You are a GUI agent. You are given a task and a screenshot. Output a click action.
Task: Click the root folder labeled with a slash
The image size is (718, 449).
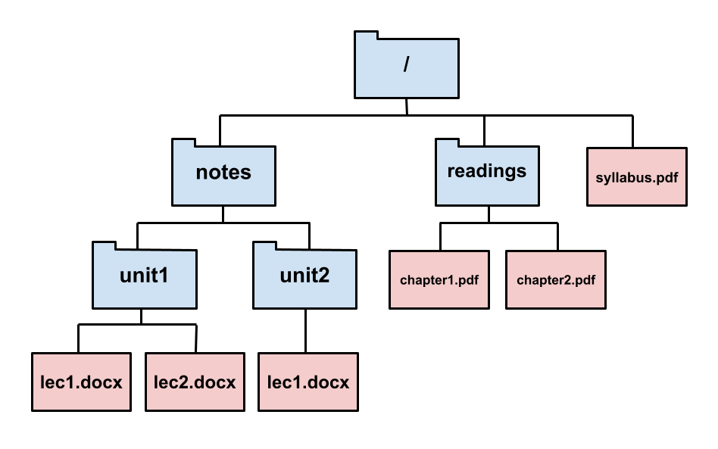click(x=407, y=68)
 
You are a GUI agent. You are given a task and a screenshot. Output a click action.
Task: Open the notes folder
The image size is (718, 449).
click(x=223, y=176)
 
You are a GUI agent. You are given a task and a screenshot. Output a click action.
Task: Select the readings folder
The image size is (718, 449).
click(x=487, y=175)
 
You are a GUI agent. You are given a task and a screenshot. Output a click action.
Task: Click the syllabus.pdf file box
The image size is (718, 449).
click(x=636, y=177)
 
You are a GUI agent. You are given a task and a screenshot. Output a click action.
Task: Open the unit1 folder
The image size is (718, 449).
click(x=144, y=278)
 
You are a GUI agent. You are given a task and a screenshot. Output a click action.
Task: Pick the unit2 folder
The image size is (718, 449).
click(x=304, y=278)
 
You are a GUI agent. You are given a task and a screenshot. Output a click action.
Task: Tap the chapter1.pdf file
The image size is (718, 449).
click(x=439, y=280)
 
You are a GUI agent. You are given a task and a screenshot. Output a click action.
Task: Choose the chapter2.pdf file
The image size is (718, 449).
click(x=556, y=280)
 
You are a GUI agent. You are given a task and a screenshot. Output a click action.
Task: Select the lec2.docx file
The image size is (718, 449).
click(x=195, y=382)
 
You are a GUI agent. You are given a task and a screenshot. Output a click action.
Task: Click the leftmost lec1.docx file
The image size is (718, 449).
click(x=81, y=382)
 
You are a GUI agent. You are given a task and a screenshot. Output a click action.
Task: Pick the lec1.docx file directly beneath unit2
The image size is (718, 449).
click(x=308, y=382)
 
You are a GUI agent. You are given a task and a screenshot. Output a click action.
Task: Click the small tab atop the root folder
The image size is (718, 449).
click(x=366, y=36)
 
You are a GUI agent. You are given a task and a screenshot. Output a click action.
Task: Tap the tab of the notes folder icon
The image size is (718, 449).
click(x=183, y=143)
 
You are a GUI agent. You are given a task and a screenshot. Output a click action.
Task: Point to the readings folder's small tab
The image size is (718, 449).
click(x=447, y=143)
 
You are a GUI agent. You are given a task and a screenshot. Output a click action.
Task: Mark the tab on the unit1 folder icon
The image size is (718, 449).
click(x=104, y=246)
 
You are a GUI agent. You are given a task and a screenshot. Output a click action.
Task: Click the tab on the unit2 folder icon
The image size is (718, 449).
click(x=264, y=246)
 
